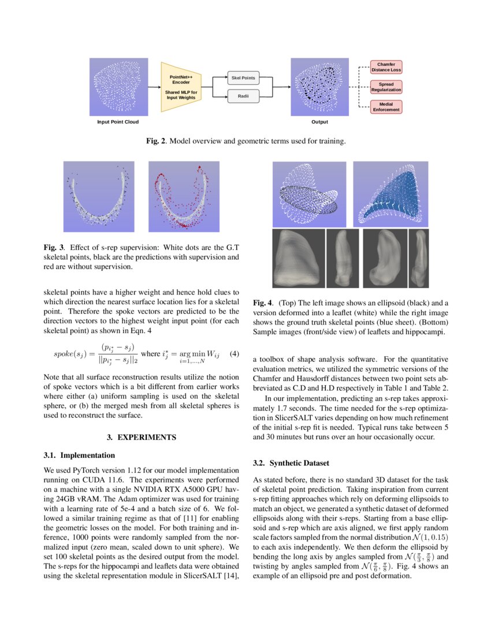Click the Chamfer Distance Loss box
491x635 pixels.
tap(385, 67)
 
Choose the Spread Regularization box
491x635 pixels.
tap(385, 87)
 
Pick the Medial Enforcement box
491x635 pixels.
tap(385, 106)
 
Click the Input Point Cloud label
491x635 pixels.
tap(118, 122)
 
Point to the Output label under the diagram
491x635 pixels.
tap(319, 122)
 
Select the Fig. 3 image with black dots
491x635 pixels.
tap(99, 197)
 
